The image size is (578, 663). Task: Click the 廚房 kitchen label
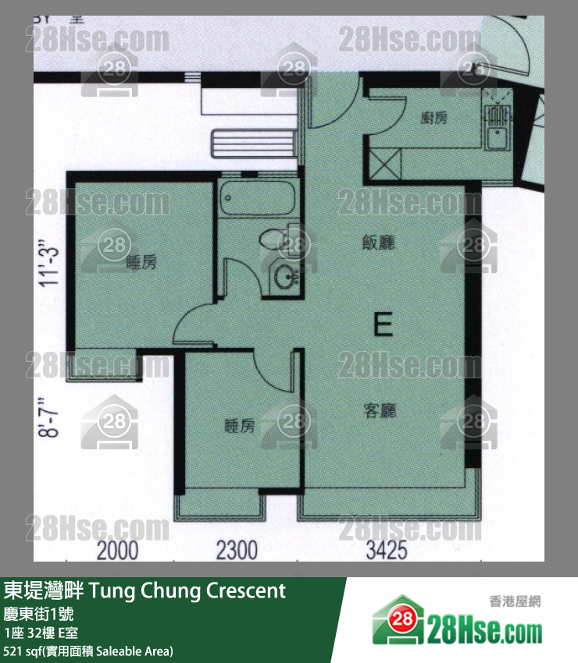433,119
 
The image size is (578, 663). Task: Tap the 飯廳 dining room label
378,242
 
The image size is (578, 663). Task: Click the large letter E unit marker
382,324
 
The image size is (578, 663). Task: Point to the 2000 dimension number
117,551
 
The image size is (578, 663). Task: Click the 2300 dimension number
237,551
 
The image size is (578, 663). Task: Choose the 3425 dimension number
387,551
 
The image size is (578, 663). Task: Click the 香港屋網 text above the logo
514,601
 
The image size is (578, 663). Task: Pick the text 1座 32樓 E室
41,633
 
